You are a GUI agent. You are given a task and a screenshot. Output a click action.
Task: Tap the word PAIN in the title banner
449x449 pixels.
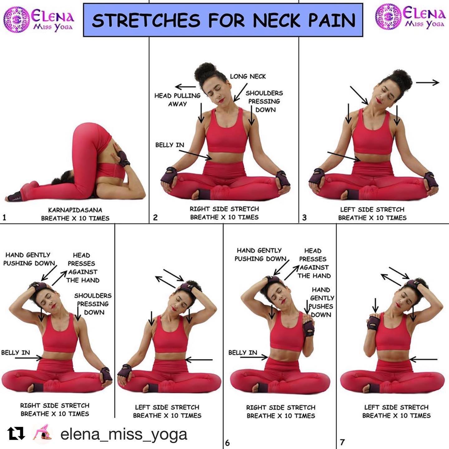332,20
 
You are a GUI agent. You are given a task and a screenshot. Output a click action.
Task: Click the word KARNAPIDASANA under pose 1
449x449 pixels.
75,210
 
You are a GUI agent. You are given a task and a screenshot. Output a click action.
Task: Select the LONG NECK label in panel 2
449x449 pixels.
248,76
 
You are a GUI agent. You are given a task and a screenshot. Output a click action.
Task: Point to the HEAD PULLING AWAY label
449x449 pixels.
177,100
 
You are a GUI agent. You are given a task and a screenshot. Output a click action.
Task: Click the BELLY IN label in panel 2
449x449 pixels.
170,145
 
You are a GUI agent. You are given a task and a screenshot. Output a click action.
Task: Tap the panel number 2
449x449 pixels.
155,218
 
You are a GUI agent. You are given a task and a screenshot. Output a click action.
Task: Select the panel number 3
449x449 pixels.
304,218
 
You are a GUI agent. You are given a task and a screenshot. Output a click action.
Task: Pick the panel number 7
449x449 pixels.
342,442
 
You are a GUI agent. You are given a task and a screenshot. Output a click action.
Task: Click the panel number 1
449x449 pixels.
4,218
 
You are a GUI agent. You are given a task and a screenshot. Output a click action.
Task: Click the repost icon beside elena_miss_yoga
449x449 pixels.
16,434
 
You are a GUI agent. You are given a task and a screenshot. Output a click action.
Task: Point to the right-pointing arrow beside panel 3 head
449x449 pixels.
427,83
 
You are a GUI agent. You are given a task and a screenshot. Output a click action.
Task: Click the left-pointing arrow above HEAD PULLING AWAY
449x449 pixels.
186,87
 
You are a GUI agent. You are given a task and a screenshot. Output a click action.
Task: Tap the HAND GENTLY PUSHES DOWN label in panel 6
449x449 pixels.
321,302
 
